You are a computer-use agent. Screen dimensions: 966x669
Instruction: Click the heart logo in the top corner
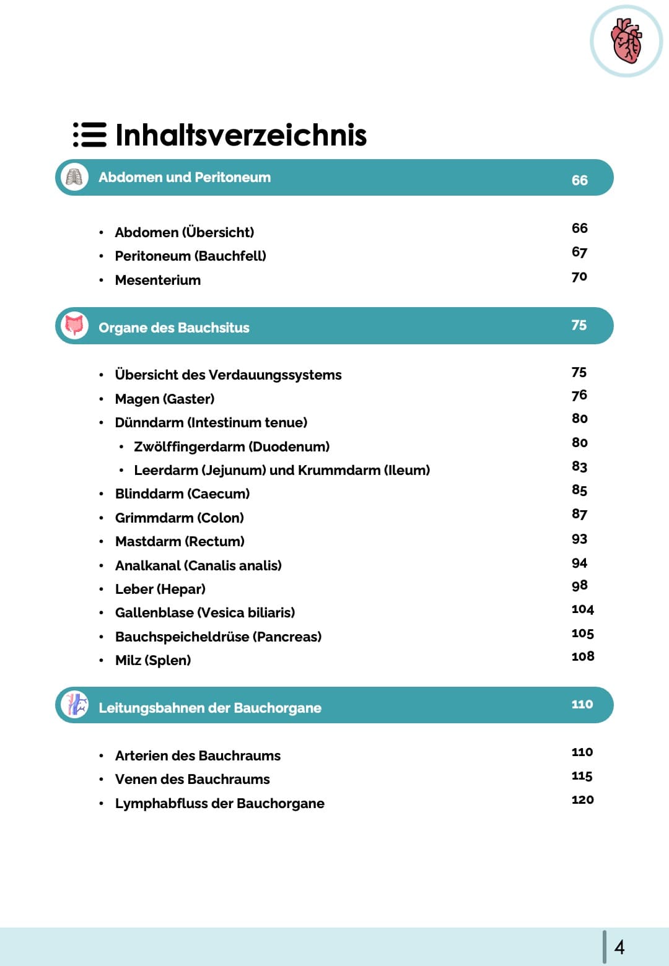[626, 41]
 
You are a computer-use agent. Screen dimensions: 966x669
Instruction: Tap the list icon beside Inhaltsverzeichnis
[90, 134]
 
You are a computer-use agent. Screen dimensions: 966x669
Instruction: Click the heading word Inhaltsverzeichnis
[241, 135]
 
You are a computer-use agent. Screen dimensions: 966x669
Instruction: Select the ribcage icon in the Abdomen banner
[74, 178]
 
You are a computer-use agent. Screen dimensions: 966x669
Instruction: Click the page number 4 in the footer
[619, 947]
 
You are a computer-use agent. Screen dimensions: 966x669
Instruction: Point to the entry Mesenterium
[158, 280]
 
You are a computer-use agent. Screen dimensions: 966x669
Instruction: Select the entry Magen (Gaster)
[165, 399]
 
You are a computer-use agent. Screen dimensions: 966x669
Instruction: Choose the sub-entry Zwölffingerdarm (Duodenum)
[232, 446]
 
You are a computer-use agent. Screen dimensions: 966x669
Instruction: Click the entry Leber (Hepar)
[160, 589]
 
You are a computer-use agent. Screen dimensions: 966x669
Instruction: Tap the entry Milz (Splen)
[153, 660]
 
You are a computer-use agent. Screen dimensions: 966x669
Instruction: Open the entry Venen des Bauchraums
[193, 779]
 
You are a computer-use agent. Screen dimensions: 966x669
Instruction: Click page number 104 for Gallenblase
[582, 609]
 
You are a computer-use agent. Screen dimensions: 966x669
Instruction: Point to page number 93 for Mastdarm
[579, 539]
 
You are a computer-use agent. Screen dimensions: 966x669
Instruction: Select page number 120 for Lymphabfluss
[582, 799]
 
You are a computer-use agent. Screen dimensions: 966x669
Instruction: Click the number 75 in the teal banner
[579, 325]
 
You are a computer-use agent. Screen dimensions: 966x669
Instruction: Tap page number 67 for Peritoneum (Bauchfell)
[579, 252]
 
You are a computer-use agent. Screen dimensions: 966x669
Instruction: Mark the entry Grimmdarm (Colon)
[180, 518]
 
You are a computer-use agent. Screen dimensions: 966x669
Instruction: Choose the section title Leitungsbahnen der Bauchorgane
[210, 708]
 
